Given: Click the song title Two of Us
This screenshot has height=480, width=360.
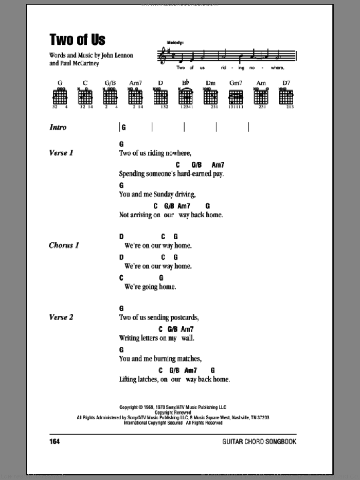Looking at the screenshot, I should point(77,39).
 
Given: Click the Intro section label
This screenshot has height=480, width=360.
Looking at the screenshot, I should point(58,127).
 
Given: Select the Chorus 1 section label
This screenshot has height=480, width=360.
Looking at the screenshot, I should point(63,245).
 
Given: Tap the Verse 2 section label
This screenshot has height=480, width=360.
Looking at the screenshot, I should point(61,317).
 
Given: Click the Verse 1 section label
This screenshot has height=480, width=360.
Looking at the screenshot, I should point(61,153).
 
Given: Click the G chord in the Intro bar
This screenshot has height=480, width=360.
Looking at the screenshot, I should point(124,127).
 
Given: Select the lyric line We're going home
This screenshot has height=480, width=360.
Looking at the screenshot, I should point(150,287).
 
